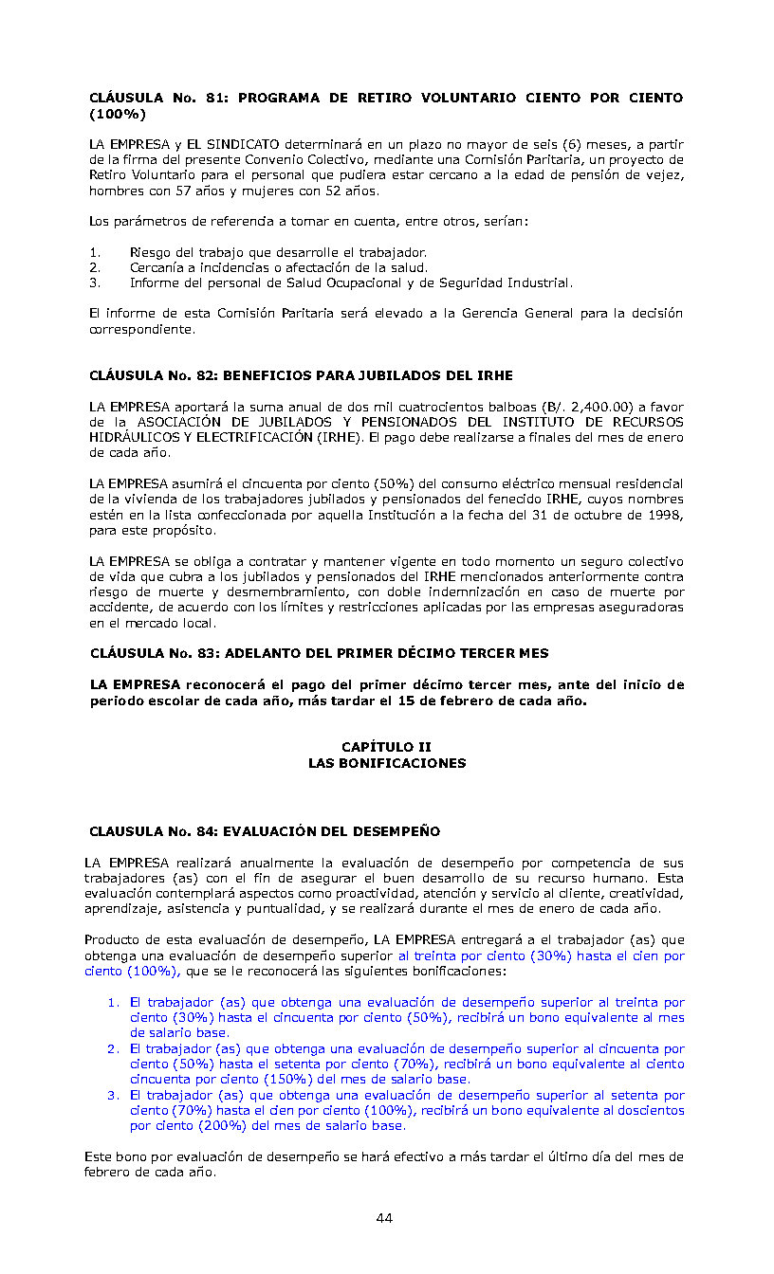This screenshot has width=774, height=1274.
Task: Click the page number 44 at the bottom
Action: click(384, 1218)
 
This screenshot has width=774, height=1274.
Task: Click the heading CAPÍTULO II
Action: click(386, 747)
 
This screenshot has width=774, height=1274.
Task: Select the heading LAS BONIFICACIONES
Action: click(386, 763)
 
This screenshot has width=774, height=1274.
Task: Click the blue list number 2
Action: click(112, 1048)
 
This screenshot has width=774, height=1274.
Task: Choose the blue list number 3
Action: click(112, 1095)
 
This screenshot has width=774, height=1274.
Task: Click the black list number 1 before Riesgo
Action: click(94, 252)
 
